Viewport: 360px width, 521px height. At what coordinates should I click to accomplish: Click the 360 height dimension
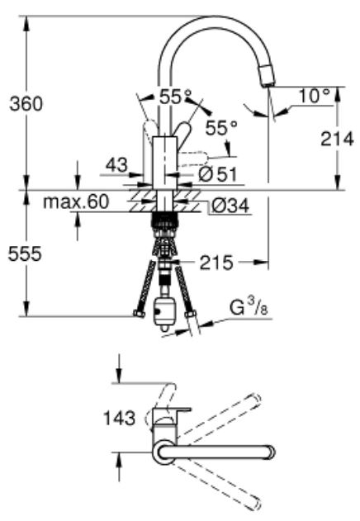[26, 103]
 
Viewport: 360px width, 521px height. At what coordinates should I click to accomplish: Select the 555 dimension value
[25, 253]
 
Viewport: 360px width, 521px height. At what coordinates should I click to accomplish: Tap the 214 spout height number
[337, 139]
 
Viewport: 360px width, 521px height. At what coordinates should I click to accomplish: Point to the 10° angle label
[315, 96]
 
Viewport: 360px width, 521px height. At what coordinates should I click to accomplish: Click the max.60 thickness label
[76, 201]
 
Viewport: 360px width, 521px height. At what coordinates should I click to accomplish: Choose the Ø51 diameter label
[218, 173]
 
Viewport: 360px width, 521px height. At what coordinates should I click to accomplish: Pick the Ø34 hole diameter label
[230, 206]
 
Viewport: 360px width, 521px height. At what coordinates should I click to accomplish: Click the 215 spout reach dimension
[216, 263]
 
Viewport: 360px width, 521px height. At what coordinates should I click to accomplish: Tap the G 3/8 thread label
[249, 308]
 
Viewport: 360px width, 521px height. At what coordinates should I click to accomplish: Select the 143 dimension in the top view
[120, 418]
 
